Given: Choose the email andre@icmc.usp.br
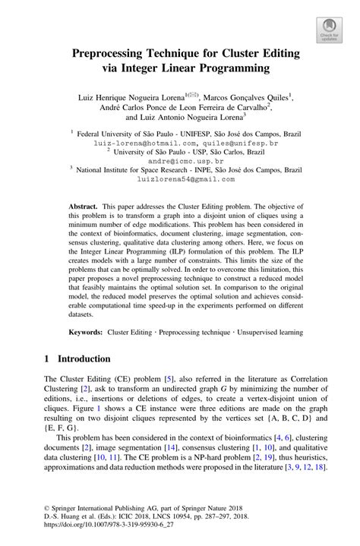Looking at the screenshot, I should click(180, 162).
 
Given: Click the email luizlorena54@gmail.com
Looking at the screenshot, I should click(180, 181).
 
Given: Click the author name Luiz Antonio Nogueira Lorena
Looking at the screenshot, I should click(194, 118).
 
